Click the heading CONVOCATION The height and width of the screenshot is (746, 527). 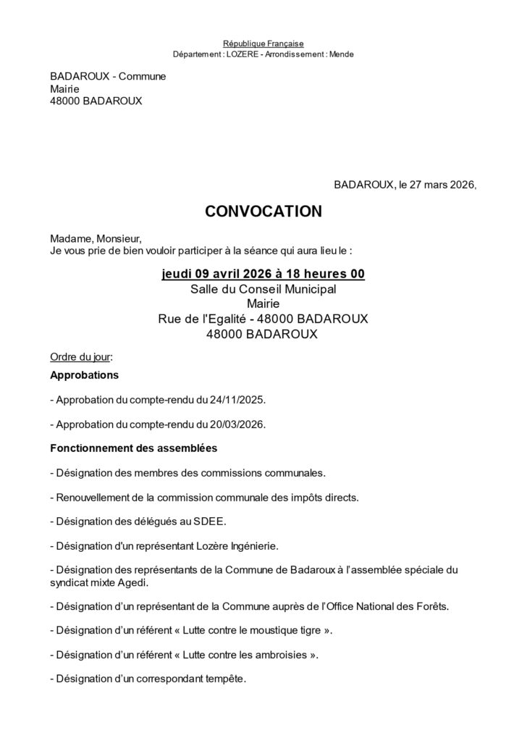(263, 211)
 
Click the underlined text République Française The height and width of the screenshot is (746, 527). (263, 44)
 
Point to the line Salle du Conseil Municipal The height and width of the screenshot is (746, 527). (263, 289)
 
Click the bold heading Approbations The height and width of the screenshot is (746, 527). (84, 375)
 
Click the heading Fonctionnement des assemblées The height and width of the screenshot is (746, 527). (134, 448)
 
